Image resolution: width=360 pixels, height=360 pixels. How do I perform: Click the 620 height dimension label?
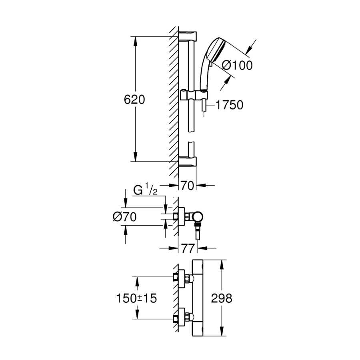(134, 100)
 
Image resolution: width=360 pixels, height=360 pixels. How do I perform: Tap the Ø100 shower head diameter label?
(237, 66)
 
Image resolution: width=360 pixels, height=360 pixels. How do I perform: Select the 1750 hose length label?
(229, 105)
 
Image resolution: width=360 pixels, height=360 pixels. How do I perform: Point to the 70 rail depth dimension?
(187, 186)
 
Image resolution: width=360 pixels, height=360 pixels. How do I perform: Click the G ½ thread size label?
(145, 190)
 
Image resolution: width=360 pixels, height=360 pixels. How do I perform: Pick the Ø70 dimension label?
(125, 217)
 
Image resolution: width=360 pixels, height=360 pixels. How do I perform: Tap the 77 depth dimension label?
(188, 248)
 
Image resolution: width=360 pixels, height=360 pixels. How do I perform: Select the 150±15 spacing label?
(136, 298)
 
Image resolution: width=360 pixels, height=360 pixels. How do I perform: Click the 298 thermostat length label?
(222, 298)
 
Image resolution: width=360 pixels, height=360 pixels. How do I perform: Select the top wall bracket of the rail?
(188, 36)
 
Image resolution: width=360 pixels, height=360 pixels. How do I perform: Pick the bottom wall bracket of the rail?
(188, 161)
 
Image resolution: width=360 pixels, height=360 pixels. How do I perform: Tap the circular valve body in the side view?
(197, 216)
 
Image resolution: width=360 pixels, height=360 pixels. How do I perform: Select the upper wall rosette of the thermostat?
(182, 278)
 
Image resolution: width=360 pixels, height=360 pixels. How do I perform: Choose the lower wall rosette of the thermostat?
(182, 317)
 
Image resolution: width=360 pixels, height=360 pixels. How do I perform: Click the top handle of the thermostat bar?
(198, 267)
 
